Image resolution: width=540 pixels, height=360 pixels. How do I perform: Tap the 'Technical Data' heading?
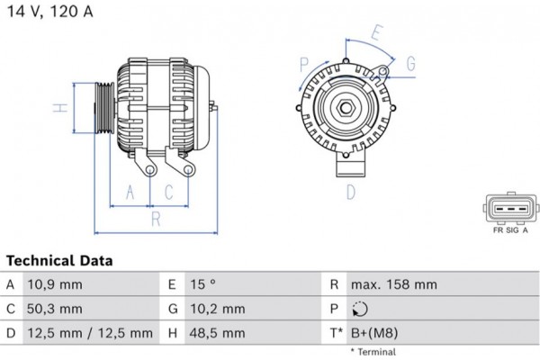pos(59,261)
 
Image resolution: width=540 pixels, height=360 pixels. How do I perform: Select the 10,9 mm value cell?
pos(56,284)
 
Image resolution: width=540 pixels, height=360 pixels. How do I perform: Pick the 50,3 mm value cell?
pos(56,309)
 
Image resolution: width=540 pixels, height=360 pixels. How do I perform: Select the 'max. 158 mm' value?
pos(395,284)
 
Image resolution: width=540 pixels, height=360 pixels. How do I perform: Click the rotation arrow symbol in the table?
pos(360,309)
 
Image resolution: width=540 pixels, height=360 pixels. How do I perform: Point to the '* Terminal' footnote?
pos(373,351)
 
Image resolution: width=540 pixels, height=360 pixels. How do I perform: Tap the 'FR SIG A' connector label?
pos(510,230)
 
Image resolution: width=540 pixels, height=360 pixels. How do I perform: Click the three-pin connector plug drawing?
pos(510,209)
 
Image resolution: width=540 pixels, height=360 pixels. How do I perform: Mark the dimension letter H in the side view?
pos(57,108)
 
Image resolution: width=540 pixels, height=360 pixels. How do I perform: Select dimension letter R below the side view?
pos(155,217)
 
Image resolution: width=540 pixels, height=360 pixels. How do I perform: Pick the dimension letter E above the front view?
pos(375,33)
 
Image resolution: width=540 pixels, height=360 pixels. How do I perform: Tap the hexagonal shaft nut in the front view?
pos(346,108)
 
